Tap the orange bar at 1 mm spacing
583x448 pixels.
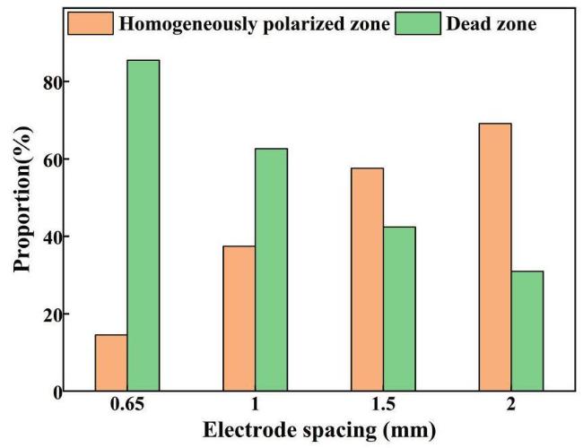(x=239, y=319)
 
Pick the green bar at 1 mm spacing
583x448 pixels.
(x=271, y=270)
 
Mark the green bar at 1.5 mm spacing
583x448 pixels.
(x=399, y=309)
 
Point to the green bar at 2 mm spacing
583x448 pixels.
(x=527, y=332)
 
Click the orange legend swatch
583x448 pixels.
(x=90, y=22)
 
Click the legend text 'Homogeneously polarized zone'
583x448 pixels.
(x=254, y=23)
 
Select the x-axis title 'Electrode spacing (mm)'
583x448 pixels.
(x=319, y=431)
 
